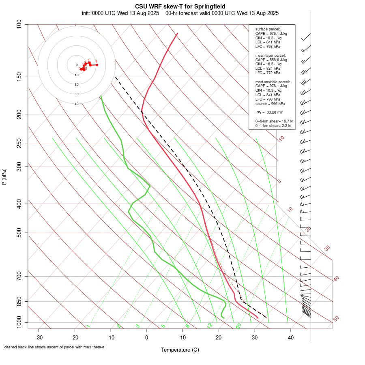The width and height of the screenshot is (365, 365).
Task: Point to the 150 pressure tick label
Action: coord(19,77)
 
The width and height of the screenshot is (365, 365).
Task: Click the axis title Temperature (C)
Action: coord(180,350)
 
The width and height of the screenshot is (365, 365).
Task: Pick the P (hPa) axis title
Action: coord(4,176)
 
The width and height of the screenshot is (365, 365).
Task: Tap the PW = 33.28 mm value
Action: coord(269,112)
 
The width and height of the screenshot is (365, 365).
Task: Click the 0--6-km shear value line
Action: coord(274,121)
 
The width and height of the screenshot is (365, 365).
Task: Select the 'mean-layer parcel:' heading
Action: coord(271,55)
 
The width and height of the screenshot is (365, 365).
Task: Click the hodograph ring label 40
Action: coord(76,104)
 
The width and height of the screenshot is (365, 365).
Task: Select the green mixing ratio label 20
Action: coord(238,326)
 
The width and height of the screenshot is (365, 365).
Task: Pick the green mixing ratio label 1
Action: coord(88,326)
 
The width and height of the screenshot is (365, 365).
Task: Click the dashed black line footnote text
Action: coord(54,347)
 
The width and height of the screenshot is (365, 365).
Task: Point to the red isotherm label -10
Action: coord(281,139)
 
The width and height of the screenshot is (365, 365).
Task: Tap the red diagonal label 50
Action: coord(336,319)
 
